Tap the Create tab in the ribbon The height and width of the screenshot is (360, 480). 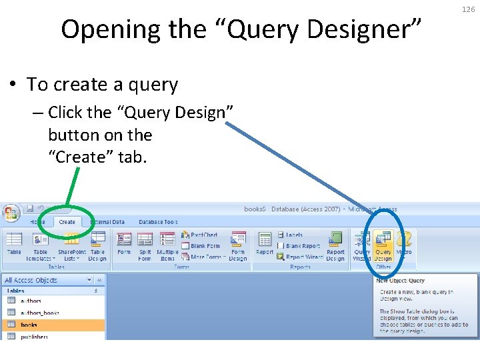point(67,222)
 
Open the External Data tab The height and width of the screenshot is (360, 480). point(107,222)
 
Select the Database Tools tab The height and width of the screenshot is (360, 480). point(158,222)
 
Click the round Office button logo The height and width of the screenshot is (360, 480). point(11,214)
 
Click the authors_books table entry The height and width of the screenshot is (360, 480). point(40,313)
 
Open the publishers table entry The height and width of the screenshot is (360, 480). point(34,337)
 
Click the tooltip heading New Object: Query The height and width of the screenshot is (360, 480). point(400,281)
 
